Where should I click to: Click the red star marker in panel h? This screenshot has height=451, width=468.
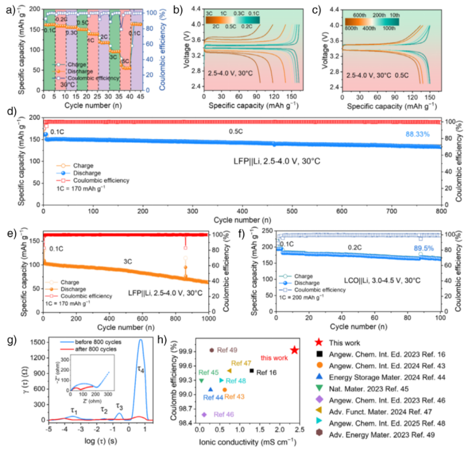coord(294,350)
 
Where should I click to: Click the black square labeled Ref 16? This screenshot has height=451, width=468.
coord(252,370)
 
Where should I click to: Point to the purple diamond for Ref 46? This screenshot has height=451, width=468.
coord(204,414)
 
